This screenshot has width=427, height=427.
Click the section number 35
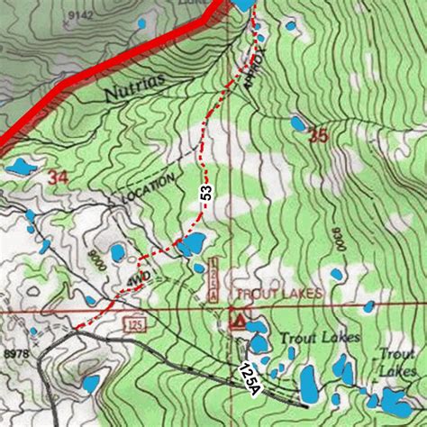317,137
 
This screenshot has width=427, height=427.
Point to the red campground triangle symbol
240,318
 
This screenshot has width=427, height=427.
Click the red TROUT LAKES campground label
272,295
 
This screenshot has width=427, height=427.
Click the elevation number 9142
81,16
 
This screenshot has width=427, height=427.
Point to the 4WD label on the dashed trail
135,280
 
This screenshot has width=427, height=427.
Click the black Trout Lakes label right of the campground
319,338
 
